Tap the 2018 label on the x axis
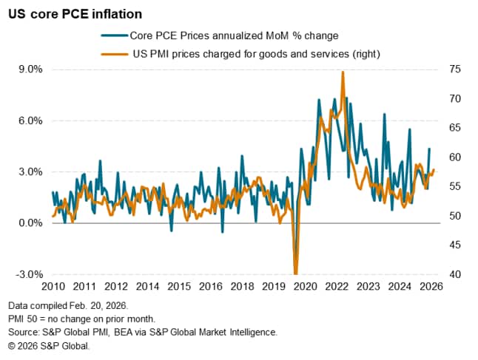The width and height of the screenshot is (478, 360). [x=242, y=287]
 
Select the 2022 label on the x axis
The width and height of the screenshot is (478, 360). [x=337, y=287]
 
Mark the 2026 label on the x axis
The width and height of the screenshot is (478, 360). [x=431, y=287]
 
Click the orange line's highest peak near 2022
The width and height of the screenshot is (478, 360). [x=343, y=72]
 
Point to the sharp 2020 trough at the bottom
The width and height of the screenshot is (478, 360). [x=296, y=272]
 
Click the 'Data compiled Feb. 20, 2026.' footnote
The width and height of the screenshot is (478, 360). [x=68, y=305]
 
